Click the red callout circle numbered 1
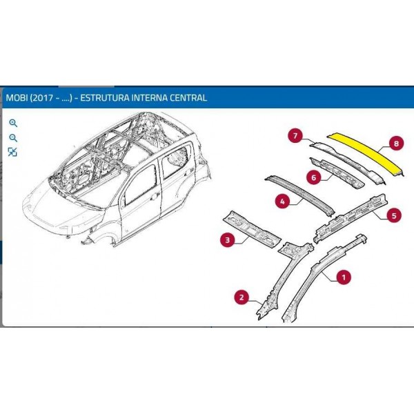[344, 277]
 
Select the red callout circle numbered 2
[242, 297]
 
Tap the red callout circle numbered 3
[228, 239]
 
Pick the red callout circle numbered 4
[283, 201]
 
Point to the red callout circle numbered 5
[394, 215]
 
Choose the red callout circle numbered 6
[314, 177]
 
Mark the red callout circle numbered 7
[295, 136]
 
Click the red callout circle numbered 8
[396, 144]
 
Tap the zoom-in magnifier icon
[13, 123]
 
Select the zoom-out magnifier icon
[13, 138]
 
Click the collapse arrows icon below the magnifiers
[12, 152]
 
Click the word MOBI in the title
[17, 98]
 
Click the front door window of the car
[140, 186]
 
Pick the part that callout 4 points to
[299, 195]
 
